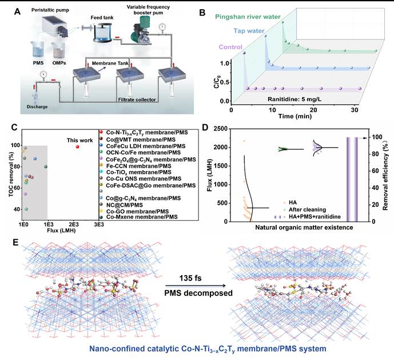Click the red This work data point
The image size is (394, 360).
(77, 147)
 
